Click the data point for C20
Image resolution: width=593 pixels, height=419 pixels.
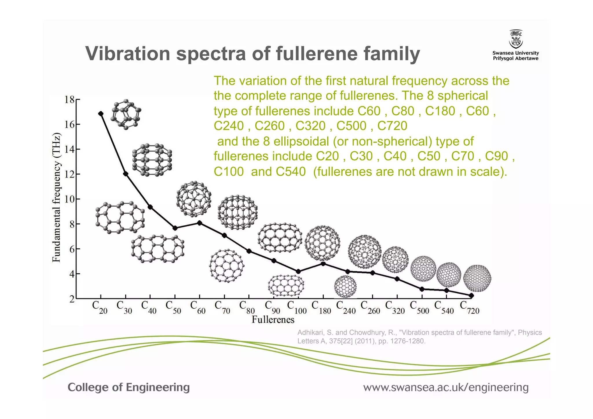tap(101, 114)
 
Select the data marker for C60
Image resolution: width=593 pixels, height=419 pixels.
tap(200, 223)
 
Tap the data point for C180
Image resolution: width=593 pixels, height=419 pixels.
tap(323, 264)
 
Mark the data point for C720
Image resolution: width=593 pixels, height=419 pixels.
tap(471, 296)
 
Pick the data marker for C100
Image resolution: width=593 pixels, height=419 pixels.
tap(298, 272)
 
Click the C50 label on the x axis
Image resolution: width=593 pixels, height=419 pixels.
tap(173, 308)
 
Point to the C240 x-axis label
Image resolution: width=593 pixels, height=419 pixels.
tap(346, 308)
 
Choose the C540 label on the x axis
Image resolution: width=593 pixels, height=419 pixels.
tap(444, 308)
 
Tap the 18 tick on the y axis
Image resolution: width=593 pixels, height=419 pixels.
tap(69, 100)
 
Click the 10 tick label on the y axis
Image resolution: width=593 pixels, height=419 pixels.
tap(69, 199)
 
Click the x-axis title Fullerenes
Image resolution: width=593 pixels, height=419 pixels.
tap(273, 320)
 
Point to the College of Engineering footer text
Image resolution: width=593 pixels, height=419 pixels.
tap(129, 387)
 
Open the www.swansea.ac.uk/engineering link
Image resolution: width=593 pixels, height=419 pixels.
tap(446, 387)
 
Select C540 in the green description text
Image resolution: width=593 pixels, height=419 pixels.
tap(290, 172)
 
